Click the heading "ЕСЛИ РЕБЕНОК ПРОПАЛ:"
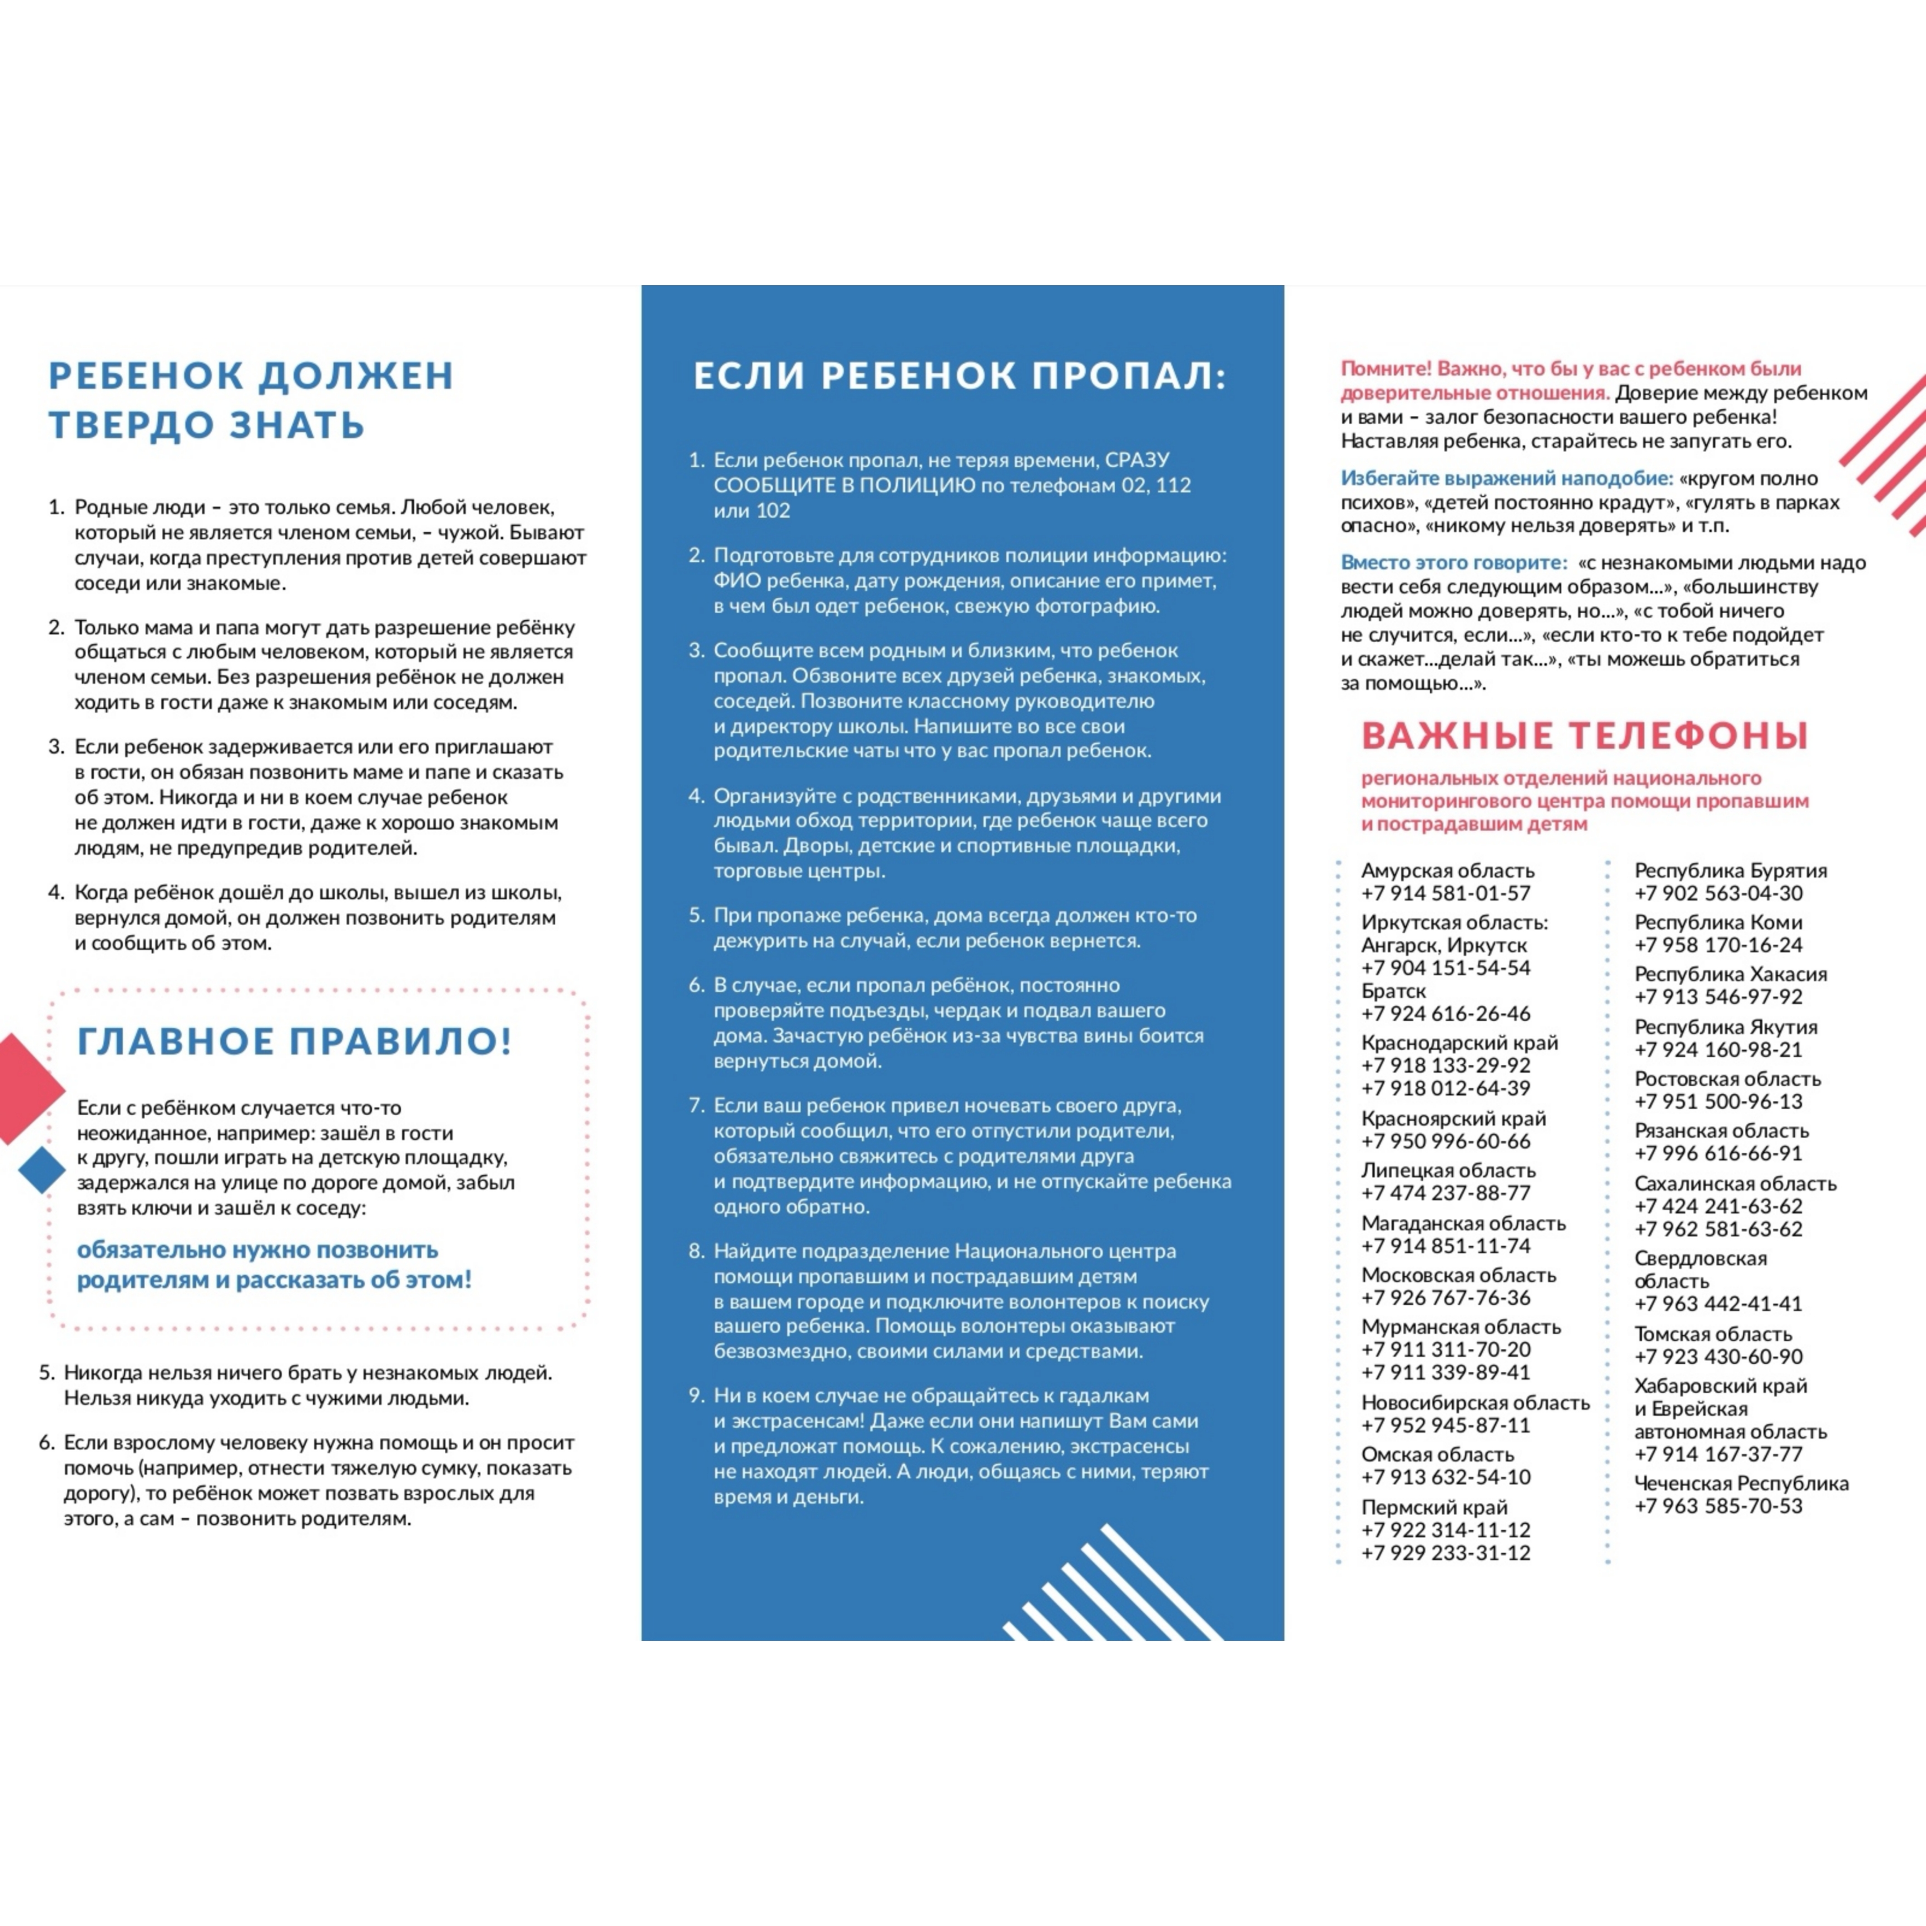click(960, 376)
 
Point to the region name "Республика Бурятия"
click(1730, 870)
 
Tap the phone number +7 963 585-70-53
click(1717, 1506)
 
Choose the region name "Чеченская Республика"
click(1741, 1483)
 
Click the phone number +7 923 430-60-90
click(1717, 1357)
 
